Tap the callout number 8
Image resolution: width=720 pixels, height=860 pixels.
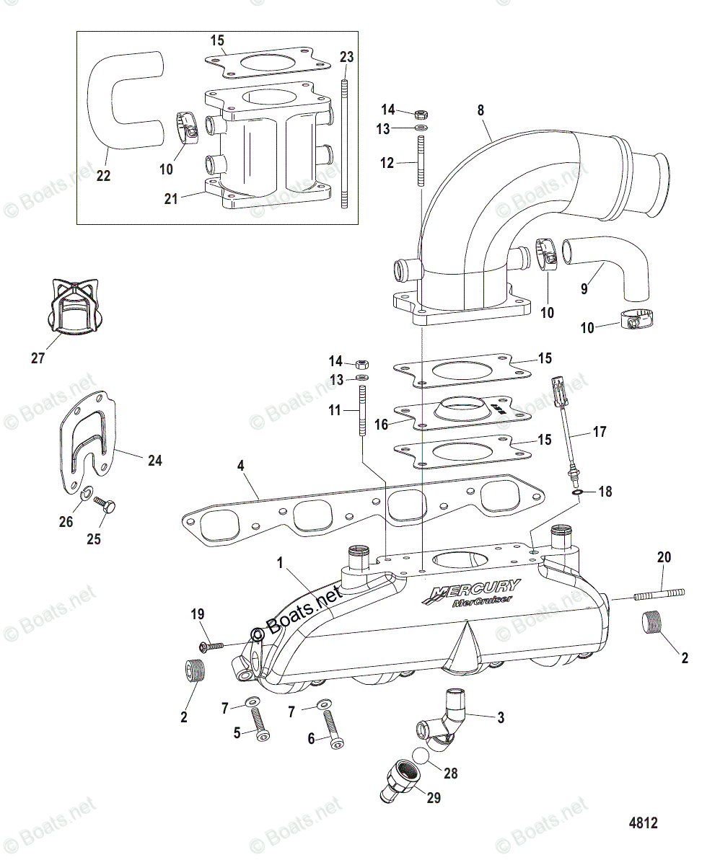click(480, 110)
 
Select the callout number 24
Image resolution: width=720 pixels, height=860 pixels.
click(154, 460)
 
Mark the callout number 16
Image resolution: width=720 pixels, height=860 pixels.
click(382, 425)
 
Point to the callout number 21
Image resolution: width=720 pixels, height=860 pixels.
click(170, 199)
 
